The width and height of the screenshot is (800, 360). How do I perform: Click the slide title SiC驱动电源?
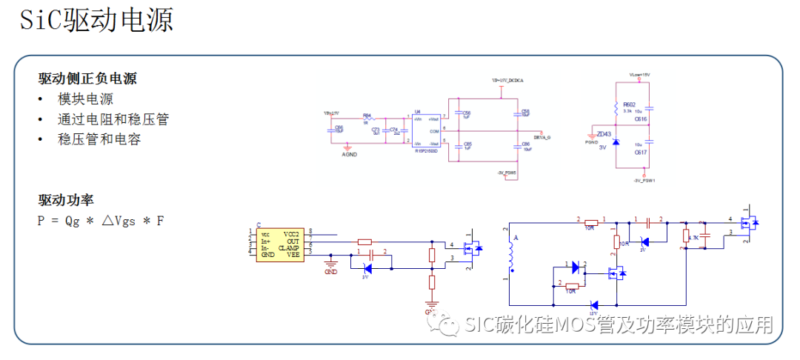click(96, 20)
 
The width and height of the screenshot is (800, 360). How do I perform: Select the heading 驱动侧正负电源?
click(87, 79)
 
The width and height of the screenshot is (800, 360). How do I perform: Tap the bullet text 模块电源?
click(86, 99)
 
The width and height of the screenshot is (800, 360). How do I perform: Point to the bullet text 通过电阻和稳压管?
click(113, 119)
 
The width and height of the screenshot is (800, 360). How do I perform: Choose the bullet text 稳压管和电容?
click(99, 139)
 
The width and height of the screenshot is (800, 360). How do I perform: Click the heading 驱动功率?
click(66, 199)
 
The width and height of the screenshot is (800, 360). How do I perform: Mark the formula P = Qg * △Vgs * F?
click(101, 220)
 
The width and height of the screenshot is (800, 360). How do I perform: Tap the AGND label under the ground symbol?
click(349, 154)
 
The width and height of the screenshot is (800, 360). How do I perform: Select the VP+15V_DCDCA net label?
click(507, 79)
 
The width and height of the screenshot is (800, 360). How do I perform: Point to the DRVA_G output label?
click(542, 137)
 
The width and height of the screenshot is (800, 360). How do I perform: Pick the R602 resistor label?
click(629, 104)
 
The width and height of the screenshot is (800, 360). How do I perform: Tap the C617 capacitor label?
click(640, 152)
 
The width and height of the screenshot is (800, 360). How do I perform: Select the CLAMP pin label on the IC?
click(289, 248)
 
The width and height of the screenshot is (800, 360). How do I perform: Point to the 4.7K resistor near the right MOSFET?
click(686, 237)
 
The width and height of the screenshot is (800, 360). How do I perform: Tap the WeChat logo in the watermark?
click(450, 325)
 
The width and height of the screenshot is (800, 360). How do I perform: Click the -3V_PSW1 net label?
click(644, 180)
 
